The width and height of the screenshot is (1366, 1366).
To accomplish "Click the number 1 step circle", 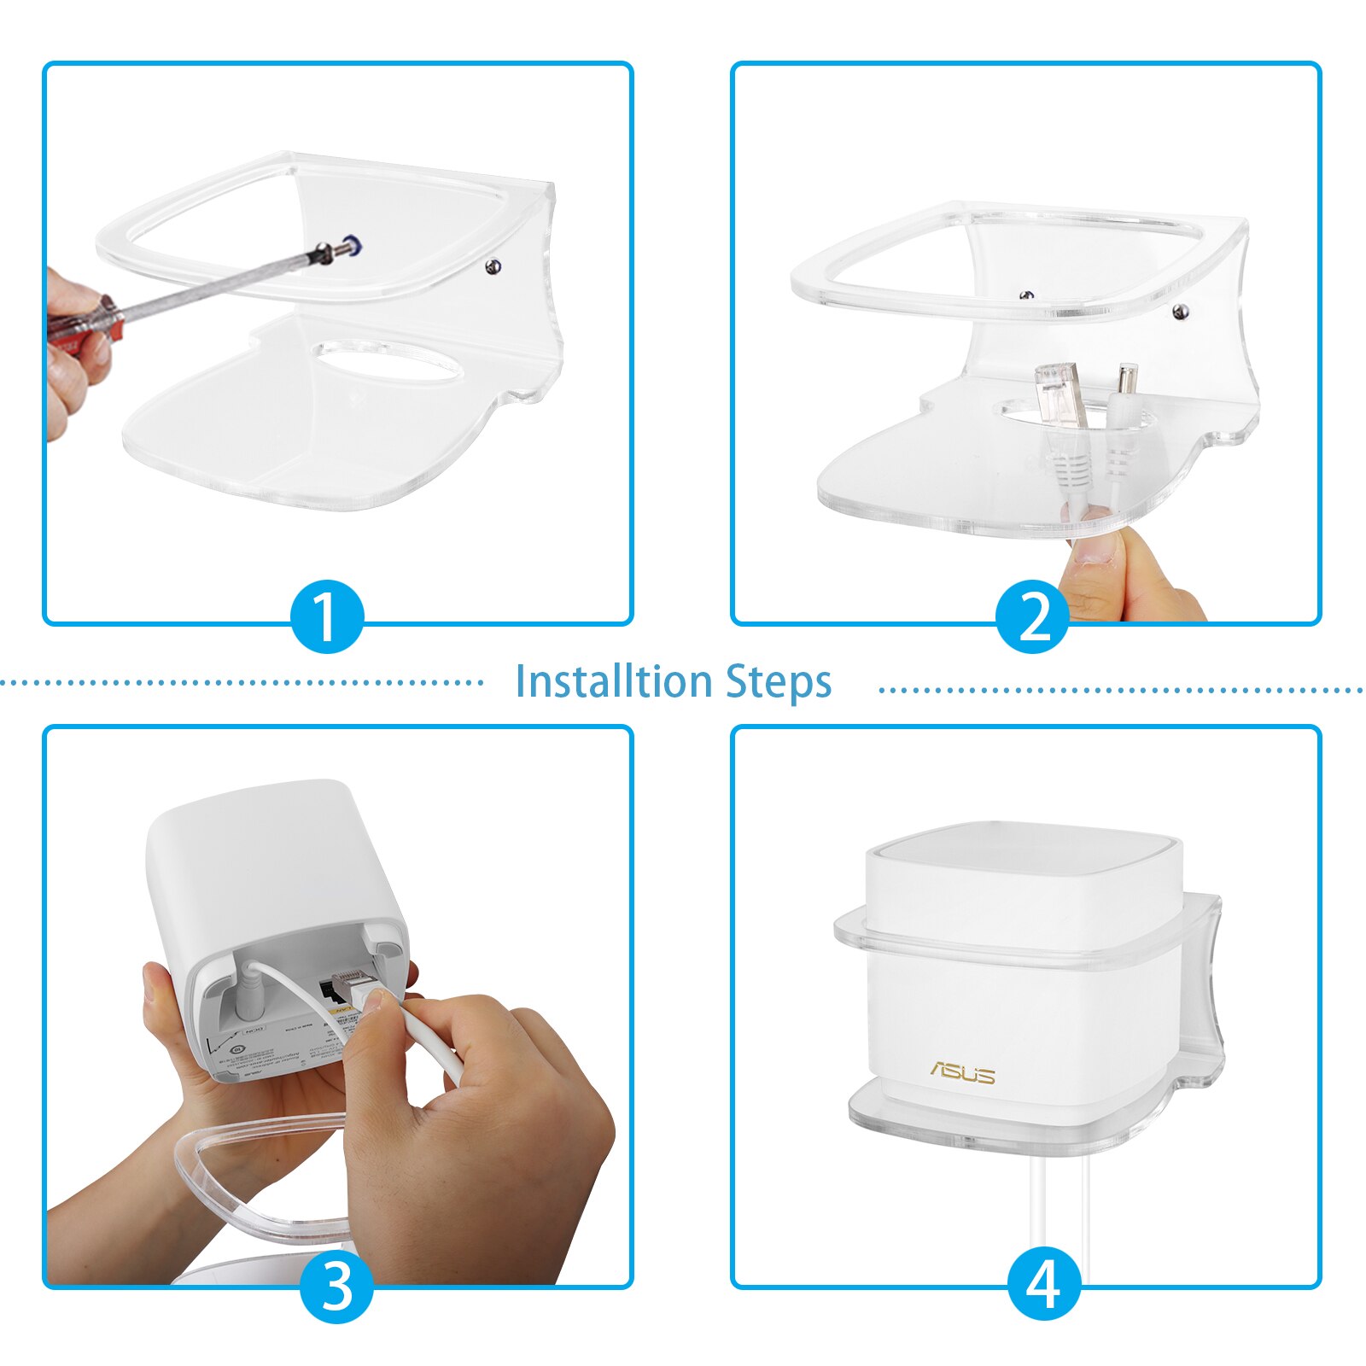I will tap(327, 616).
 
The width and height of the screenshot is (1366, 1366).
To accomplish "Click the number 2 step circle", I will tap(1033, 616).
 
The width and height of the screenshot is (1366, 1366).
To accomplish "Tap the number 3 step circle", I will tap(337, 1286).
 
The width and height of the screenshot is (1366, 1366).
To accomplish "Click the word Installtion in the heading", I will tap(614, 681).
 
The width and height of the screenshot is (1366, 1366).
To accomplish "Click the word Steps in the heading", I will tap(779, 681).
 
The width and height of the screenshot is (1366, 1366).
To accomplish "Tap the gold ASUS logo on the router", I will tap(962, 1072).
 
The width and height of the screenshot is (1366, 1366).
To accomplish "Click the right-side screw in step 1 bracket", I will tap(493, 267).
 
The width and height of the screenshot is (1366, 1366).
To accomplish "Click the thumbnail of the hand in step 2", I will tap(1093, 547).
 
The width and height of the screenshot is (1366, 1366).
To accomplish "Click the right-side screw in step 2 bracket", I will tap(1182, 312).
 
